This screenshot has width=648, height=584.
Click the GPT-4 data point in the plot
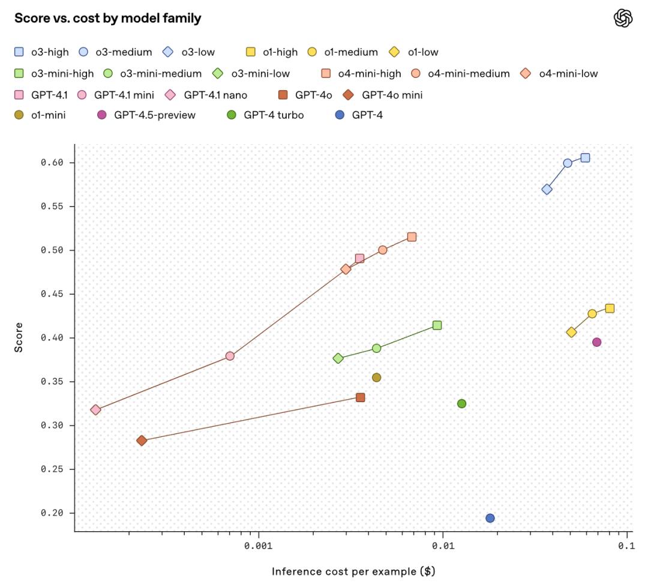pos(490,518)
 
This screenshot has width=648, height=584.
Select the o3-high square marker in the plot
pos(585,158)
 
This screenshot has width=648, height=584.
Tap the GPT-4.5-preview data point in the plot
pos(596,342)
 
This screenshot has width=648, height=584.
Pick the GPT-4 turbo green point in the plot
pos(461,403)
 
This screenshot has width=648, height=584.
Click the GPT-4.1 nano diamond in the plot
pos(95,410)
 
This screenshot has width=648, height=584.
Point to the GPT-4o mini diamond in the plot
pos(142,441)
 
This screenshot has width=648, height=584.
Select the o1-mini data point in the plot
pos(376,378)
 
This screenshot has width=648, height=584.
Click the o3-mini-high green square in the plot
pos(437,325)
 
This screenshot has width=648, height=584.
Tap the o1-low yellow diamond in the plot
pos(571,333)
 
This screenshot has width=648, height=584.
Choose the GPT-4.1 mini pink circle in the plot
pos(230,356)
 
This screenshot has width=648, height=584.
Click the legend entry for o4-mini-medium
pos(461,74)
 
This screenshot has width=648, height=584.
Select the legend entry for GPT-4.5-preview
pos(146,115)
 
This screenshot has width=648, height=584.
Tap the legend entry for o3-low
pos(189,52)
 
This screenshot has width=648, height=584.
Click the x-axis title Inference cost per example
pos(353,571)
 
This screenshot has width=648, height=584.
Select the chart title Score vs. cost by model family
pos(108,18)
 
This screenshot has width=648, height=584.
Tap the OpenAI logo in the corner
pos(623,18)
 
